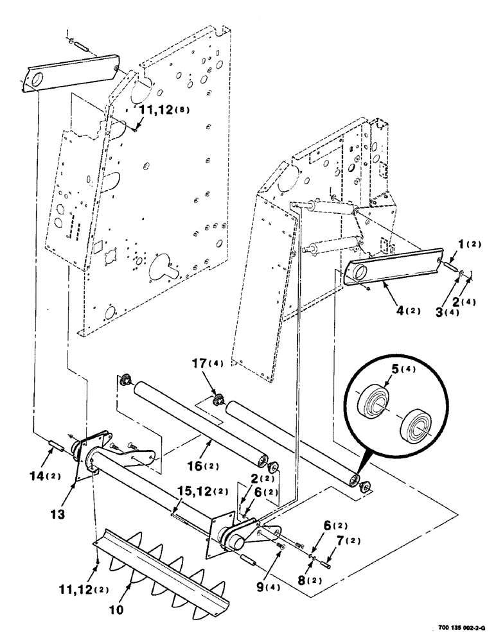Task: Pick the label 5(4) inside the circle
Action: tap(380, 369)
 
